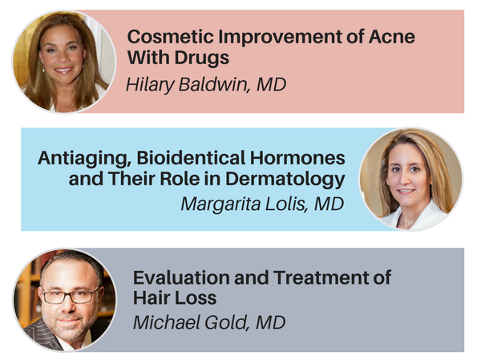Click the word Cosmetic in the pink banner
point(170,37)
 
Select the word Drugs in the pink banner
point(202,58)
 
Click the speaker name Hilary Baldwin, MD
point(206,84)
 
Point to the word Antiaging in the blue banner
point(85,159)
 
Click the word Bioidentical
point(191,158)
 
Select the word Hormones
point(297,158)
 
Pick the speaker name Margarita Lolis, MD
point(263,204)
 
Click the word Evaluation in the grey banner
point(181,277)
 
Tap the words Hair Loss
point(175,298)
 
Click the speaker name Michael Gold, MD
point(209,322)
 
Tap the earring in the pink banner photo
point(43,69)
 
